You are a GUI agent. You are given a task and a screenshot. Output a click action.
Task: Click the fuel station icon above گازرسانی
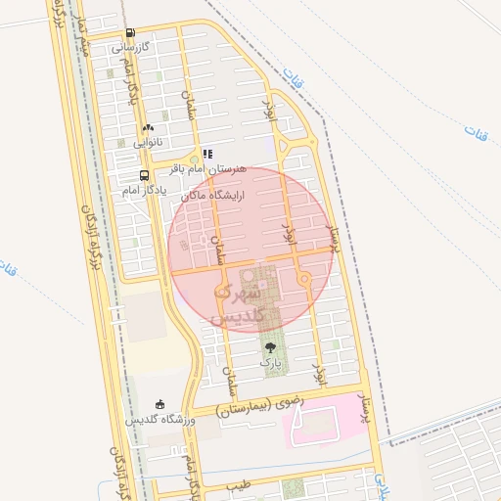click(x=130, y=31)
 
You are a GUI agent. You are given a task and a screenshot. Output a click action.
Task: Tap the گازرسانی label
click(x=130, y=46)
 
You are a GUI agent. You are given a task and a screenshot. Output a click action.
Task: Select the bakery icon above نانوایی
click(x=148, y=127)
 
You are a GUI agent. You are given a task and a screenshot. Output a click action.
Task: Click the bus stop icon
click(x=145, y=176)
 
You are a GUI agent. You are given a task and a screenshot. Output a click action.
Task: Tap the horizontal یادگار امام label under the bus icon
click(x=140, y=191)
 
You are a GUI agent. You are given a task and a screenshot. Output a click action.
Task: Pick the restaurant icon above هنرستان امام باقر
click(x=206, y=154)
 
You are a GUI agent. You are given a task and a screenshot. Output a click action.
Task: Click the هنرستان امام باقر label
click(x=208, y=169)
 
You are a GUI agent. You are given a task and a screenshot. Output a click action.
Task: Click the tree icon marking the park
click(x=270, y=346)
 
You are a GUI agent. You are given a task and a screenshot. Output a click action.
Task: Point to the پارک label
click(x=270, y=362)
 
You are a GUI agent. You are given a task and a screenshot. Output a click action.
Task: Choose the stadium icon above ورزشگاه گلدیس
click(x=161, y=404)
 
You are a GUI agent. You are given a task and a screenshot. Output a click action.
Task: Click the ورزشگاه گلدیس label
click(x=159, y=420)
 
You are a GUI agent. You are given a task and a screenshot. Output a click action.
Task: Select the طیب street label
click(x=239, y=484)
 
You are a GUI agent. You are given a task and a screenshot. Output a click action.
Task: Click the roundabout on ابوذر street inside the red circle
click(x=304, y=280)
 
